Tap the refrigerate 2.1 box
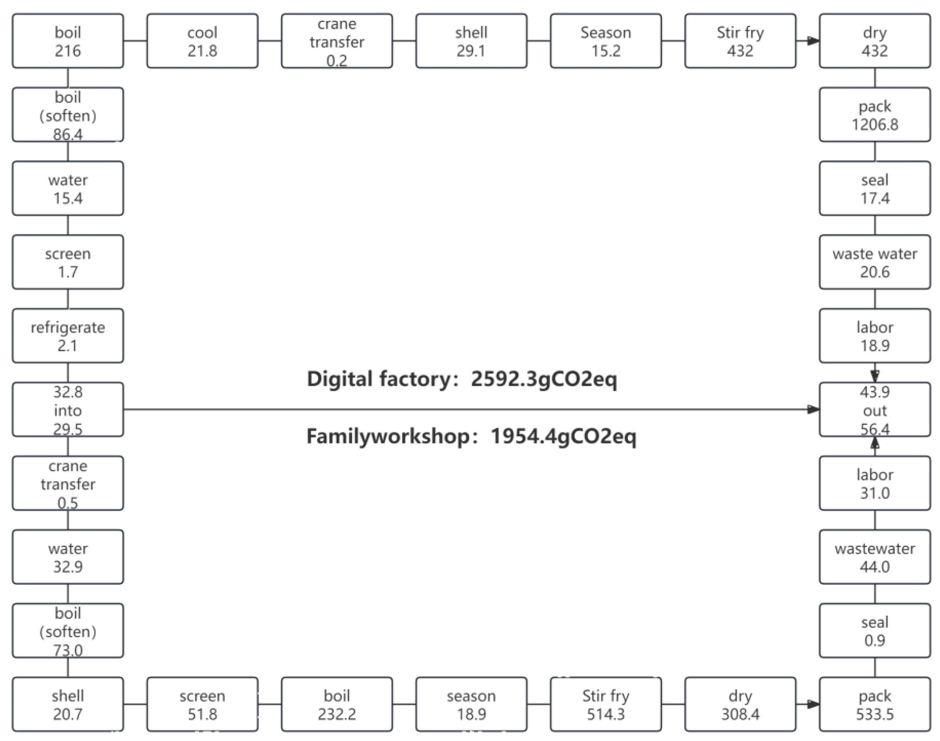click(x=68, y=336)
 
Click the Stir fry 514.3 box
click(x=606, y=704)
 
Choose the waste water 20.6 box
click(x=874, y=262)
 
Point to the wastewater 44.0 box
click(x=874, y=557)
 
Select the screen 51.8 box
click(x=202, y=704)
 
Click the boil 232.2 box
click(x=337, y=704)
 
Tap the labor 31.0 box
click(x=874, y=483)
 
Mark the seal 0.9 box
click(x=874, y=631)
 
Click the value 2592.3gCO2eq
click(x=543, y=379)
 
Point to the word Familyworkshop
click(x=387, y=436)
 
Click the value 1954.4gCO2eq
click(x=563, y=436)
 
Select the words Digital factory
click(x=379, y=379)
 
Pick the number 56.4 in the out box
click(x=874, y=429)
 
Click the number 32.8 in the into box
click(x=68, y=392)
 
